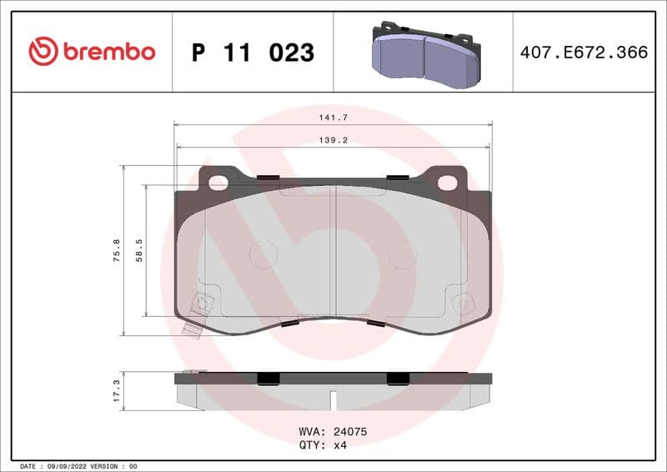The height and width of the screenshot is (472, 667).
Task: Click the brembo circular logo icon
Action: (x=43, y=52)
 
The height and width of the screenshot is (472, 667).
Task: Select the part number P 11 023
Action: (x=253, y=53)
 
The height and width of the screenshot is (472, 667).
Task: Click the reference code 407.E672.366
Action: (x=584, y=53)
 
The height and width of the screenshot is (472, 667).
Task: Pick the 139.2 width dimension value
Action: (x=333, y=141)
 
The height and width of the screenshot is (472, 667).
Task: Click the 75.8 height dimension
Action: (x=117, y=250)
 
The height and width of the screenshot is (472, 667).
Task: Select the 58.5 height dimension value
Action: (x=139, y=250)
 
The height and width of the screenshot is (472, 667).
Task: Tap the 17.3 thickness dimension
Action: (x=117, y=391)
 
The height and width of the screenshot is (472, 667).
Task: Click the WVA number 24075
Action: (x=350, y=433)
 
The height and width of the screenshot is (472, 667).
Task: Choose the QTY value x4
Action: (x=339, y=445)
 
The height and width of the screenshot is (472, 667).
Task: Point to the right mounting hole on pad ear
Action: (x=447, y=182)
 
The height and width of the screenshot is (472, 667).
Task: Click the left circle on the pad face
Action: (x=263, y=254)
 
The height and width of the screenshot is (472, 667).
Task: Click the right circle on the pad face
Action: (x=402, y=254)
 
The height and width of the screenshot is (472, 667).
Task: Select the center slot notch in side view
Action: (x=333, y=399)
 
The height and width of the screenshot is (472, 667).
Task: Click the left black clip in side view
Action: (x=268, y=378)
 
